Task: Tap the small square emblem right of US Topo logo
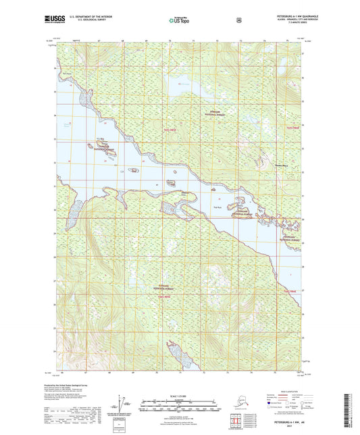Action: [237, 20]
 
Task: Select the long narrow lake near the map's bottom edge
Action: [176, 351]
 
